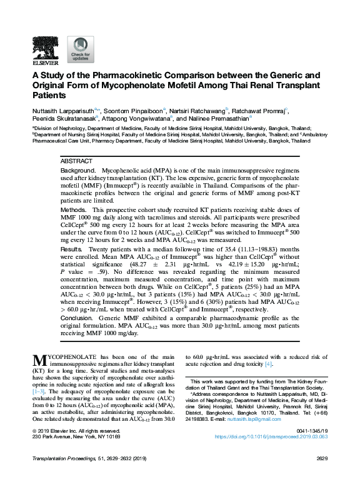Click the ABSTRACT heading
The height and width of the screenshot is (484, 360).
click(x=76, y=161)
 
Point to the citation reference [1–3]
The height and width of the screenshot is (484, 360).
click(x=39, y=390)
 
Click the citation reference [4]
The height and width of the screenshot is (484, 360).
click(x=268, y=364)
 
